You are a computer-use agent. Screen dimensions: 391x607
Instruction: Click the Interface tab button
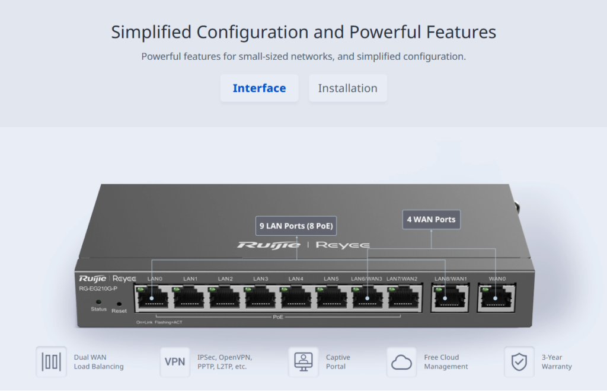259,88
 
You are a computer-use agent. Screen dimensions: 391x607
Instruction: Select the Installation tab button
347,88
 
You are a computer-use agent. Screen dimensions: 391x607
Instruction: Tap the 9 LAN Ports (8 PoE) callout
296,226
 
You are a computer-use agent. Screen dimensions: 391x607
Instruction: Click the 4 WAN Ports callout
431,220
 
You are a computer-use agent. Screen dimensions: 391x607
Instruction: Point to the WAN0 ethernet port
496,296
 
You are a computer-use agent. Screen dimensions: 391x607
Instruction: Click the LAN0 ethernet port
152,297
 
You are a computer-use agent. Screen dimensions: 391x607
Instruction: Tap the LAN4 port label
296,278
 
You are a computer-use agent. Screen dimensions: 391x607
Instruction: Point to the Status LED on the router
98,302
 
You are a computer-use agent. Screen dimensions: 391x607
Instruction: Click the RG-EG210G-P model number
98,289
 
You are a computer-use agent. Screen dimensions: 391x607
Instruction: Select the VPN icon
175,361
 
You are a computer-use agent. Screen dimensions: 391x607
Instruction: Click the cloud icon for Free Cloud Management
401,361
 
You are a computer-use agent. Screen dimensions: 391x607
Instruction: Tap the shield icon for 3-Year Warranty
519,361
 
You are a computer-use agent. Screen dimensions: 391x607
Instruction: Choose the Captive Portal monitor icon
303,361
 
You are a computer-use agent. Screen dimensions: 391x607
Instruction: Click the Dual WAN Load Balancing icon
51,361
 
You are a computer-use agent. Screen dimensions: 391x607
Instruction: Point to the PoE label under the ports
278,317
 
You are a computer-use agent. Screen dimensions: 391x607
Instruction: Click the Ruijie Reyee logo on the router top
303,245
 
